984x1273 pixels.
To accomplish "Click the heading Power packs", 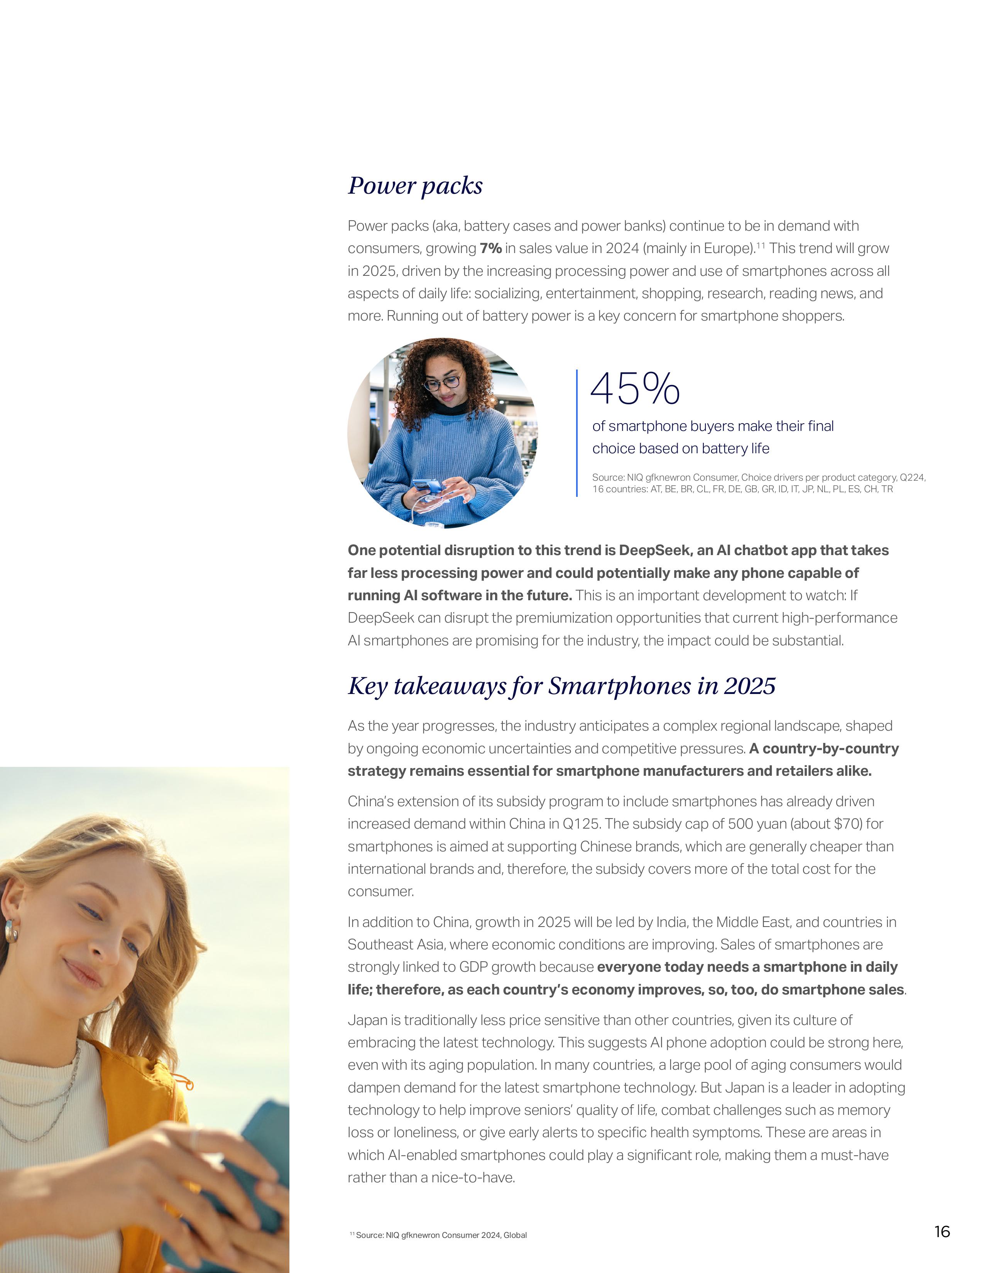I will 415,185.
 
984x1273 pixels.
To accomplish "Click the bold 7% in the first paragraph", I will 490,248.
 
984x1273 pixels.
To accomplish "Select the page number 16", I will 942,1231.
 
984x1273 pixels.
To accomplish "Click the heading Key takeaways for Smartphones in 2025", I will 561,686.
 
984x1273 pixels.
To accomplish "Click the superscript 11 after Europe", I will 760,245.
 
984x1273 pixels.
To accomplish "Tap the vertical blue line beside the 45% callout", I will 577,432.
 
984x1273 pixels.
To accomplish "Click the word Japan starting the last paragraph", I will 365,1020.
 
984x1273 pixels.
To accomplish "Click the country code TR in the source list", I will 887,489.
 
